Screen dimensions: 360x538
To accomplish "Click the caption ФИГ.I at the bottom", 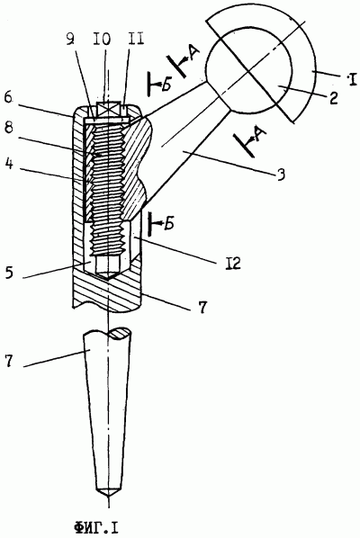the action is [x=95, y=527].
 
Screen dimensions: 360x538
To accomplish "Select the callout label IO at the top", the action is [x=103, y=39].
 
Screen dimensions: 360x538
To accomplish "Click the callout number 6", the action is [x=9, y=98].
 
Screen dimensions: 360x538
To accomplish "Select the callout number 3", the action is [x=281, y=175].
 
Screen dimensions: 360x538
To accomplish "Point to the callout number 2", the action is [x=333, y=97].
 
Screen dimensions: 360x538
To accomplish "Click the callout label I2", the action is [x=233, y=264].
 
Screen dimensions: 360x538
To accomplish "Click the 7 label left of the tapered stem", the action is [x=9, y=361].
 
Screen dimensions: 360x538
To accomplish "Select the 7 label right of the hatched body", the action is [x=202, y=306].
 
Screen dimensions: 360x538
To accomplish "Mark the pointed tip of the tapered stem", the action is [x=108, y=498].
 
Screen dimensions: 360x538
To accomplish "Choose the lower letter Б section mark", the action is [x=168, y=223].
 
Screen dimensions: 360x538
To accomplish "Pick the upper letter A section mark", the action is [x=194, y=53].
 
